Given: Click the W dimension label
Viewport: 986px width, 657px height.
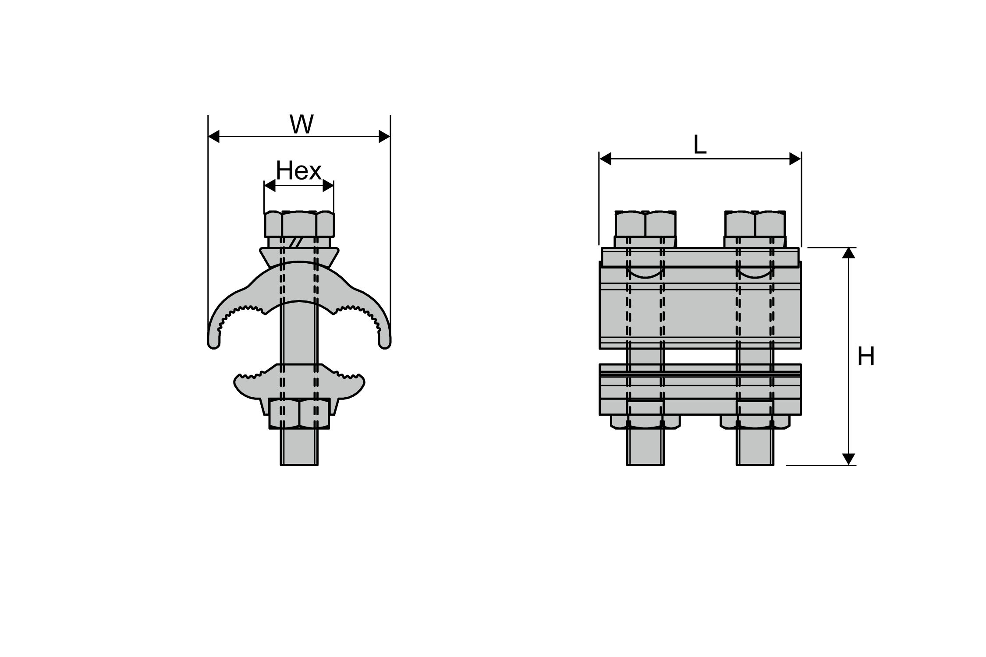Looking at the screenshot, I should coord(301,124).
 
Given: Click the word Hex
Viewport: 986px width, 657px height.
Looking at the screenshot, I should coord(298,171).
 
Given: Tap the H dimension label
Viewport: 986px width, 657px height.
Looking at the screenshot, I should coord(866,357).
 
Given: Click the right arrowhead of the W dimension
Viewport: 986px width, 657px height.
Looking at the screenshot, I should coord(384,137).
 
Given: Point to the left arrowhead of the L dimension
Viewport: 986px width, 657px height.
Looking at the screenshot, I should coord(605,159).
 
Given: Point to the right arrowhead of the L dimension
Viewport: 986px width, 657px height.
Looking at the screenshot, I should coord(795,159).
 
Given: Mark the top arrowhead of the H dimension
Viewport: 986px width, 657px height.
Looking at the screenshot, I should coord(849,253).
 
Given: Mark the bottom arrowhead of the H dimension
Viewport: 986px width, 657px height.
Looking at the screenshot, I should coord(849,459).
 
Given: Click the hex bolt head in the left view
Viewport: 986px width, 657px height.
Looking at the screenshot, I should coord(299,225).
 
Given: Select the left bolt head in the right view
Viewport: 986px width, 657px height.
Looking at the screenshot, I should coord(646,224).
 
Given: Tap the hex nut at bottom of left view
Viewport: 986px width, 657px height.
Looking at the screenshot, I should coord(299,414).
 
